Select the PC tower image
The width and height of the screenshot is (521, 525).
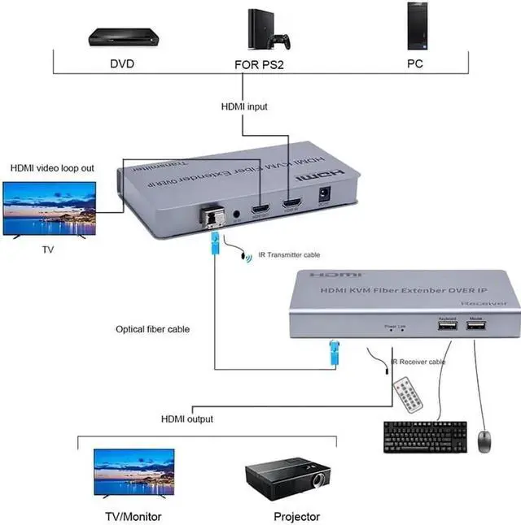point(416,28)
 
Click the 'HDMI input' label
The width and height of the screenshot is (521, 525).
point(243,106)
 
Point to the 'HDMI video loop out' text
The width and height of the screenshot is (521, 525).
point(52,168)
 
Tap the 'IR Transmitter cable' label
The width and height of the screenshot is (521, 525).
point(294,254)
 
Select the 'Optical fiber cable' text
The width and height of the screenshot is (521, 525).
point(153,329)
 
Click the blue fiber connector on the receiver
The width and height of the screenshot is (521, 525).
point(333,353)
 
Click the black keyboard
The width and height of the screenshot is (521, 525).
point(424,436)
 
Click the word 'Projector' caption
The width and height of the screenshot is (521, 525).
point(296,516)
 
